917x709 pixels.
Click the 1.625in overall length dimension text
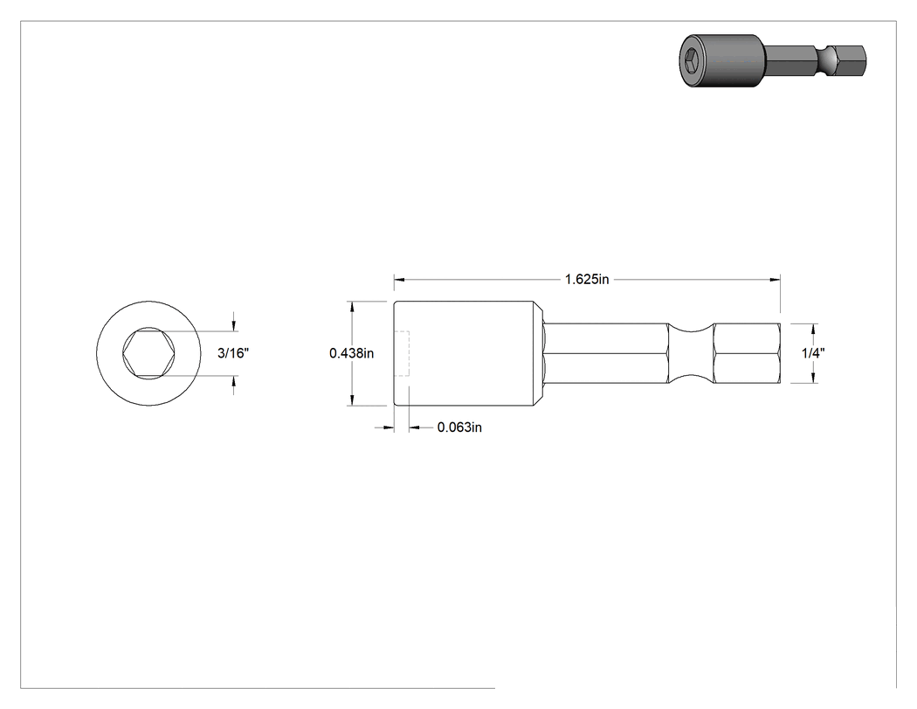(x=587, y=279)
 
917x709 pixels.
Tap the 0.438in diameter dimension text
(x=351, y=353)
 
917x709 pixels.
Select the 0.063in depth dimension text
(x=459, y=427)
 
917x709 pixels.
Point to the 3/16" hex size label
(x=233, y=353)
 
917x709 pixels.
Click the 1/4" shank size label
(x=813, y=353)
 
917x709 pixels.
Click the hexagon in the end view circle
(x=148, y=353)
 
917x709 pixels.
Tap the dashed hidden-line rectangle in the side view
(x=402, y=353)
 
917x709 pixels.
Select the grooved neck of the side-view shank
(x=691, y=353)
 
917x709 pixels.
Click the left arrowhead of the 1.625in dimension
(x=399, y=280)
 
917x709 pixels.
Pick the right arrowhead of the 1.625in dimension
(x=776, y=280)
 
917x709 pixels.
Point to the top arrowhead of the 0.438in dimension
(x=351, y=306)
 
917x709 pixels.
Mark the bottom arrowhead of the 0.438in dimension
(x=351, y=400)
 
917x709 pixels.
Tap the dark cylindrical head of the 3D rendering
(x=722, y=60)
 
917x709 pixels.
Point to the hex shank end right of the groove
(x=748, y=353)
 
